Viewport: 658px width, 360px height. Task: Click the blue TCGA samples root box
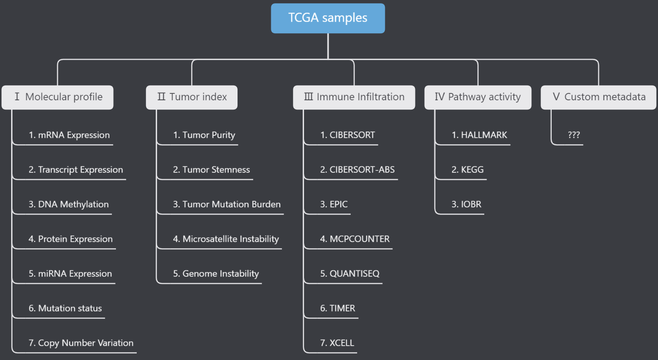tap(328, 18)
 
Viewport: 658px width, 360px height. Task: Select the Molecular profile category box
tap(58, 97)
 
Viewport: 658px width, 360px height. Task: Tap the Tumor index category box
tap(192, 97)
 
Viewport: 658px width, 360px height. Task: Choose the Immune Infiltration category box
tap(354, 97)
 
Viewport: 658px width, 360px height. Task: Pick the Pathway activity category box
tap(478, 97)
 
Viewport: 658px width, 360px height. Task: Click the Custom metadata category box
tap(598, 97)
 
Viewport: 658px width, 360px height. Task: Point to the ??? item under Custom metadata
tap(573, 135)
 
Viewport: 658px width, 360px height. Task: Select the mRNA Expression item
tap(69, 135)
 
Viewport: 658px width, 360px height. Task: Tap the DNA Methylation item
tap(69, 205)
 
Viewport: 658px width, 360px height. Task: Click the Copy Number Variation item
tap(81, 343)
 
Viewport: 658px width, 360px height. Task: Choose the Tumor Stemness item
tap(211, 170)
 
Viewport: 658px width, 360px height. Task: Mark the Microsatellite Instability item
tap(226, 239)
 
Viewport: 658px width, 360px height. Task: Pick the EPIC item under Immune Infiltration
tap(334, 205)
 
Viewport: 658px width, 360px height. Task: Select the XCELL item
tap(337, 343)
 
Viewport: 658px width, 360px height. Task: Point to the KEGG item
tap(468, 170)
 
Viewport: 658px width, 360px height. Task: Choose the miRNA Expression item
tap(70, 274)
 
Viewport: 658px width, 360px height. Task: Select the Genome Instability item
tap(216, 274)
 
